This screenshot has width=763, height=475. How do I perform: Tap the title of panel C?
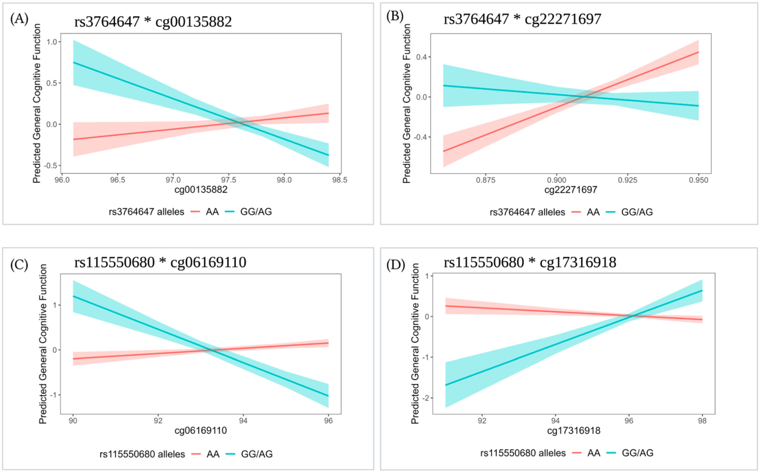click(x=160, y=262)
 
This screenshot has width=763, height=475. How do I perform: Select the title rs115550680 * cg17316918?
click(x=530, y=262)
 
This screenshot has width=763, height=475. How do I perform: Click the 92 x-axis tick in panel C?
click(x=158, y=421)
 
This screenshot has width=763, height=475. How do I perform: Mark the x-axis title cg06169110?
click(x=201, y=430)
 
